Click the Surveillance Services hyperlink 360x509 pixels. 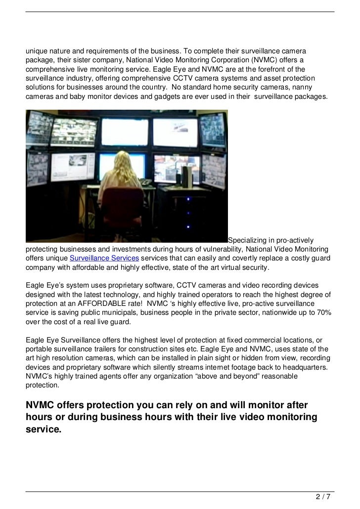[x=104, y=258]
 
